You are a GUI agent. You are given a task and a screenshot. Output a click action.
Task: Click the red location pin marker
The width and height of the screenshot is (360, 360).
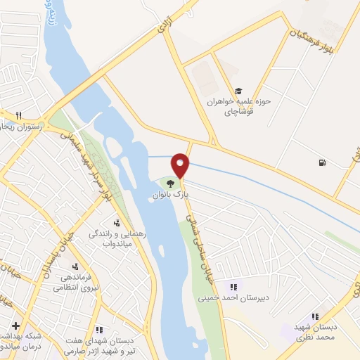tap(181, 165)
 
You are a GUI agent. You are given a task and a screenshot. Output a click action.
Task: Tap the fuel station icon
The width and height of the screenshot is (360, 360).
tap(322, 163)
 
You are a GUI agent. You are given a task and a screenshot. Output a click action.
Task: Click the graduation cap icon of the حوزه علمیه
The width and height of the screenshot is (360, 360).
tap(238, 91)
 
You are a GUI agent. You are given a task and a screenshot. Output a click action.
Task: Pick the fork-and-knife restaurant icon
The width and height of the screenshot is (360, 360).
tap(19, 115)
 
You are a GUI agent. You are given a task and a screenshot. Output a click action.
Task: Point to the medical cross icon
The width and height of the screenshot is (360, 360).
tap(16, 326)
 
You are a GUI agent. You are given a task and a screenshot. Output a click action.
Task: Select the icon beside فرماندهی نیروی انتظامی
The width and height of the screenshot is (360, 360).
tap(75, 266)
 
